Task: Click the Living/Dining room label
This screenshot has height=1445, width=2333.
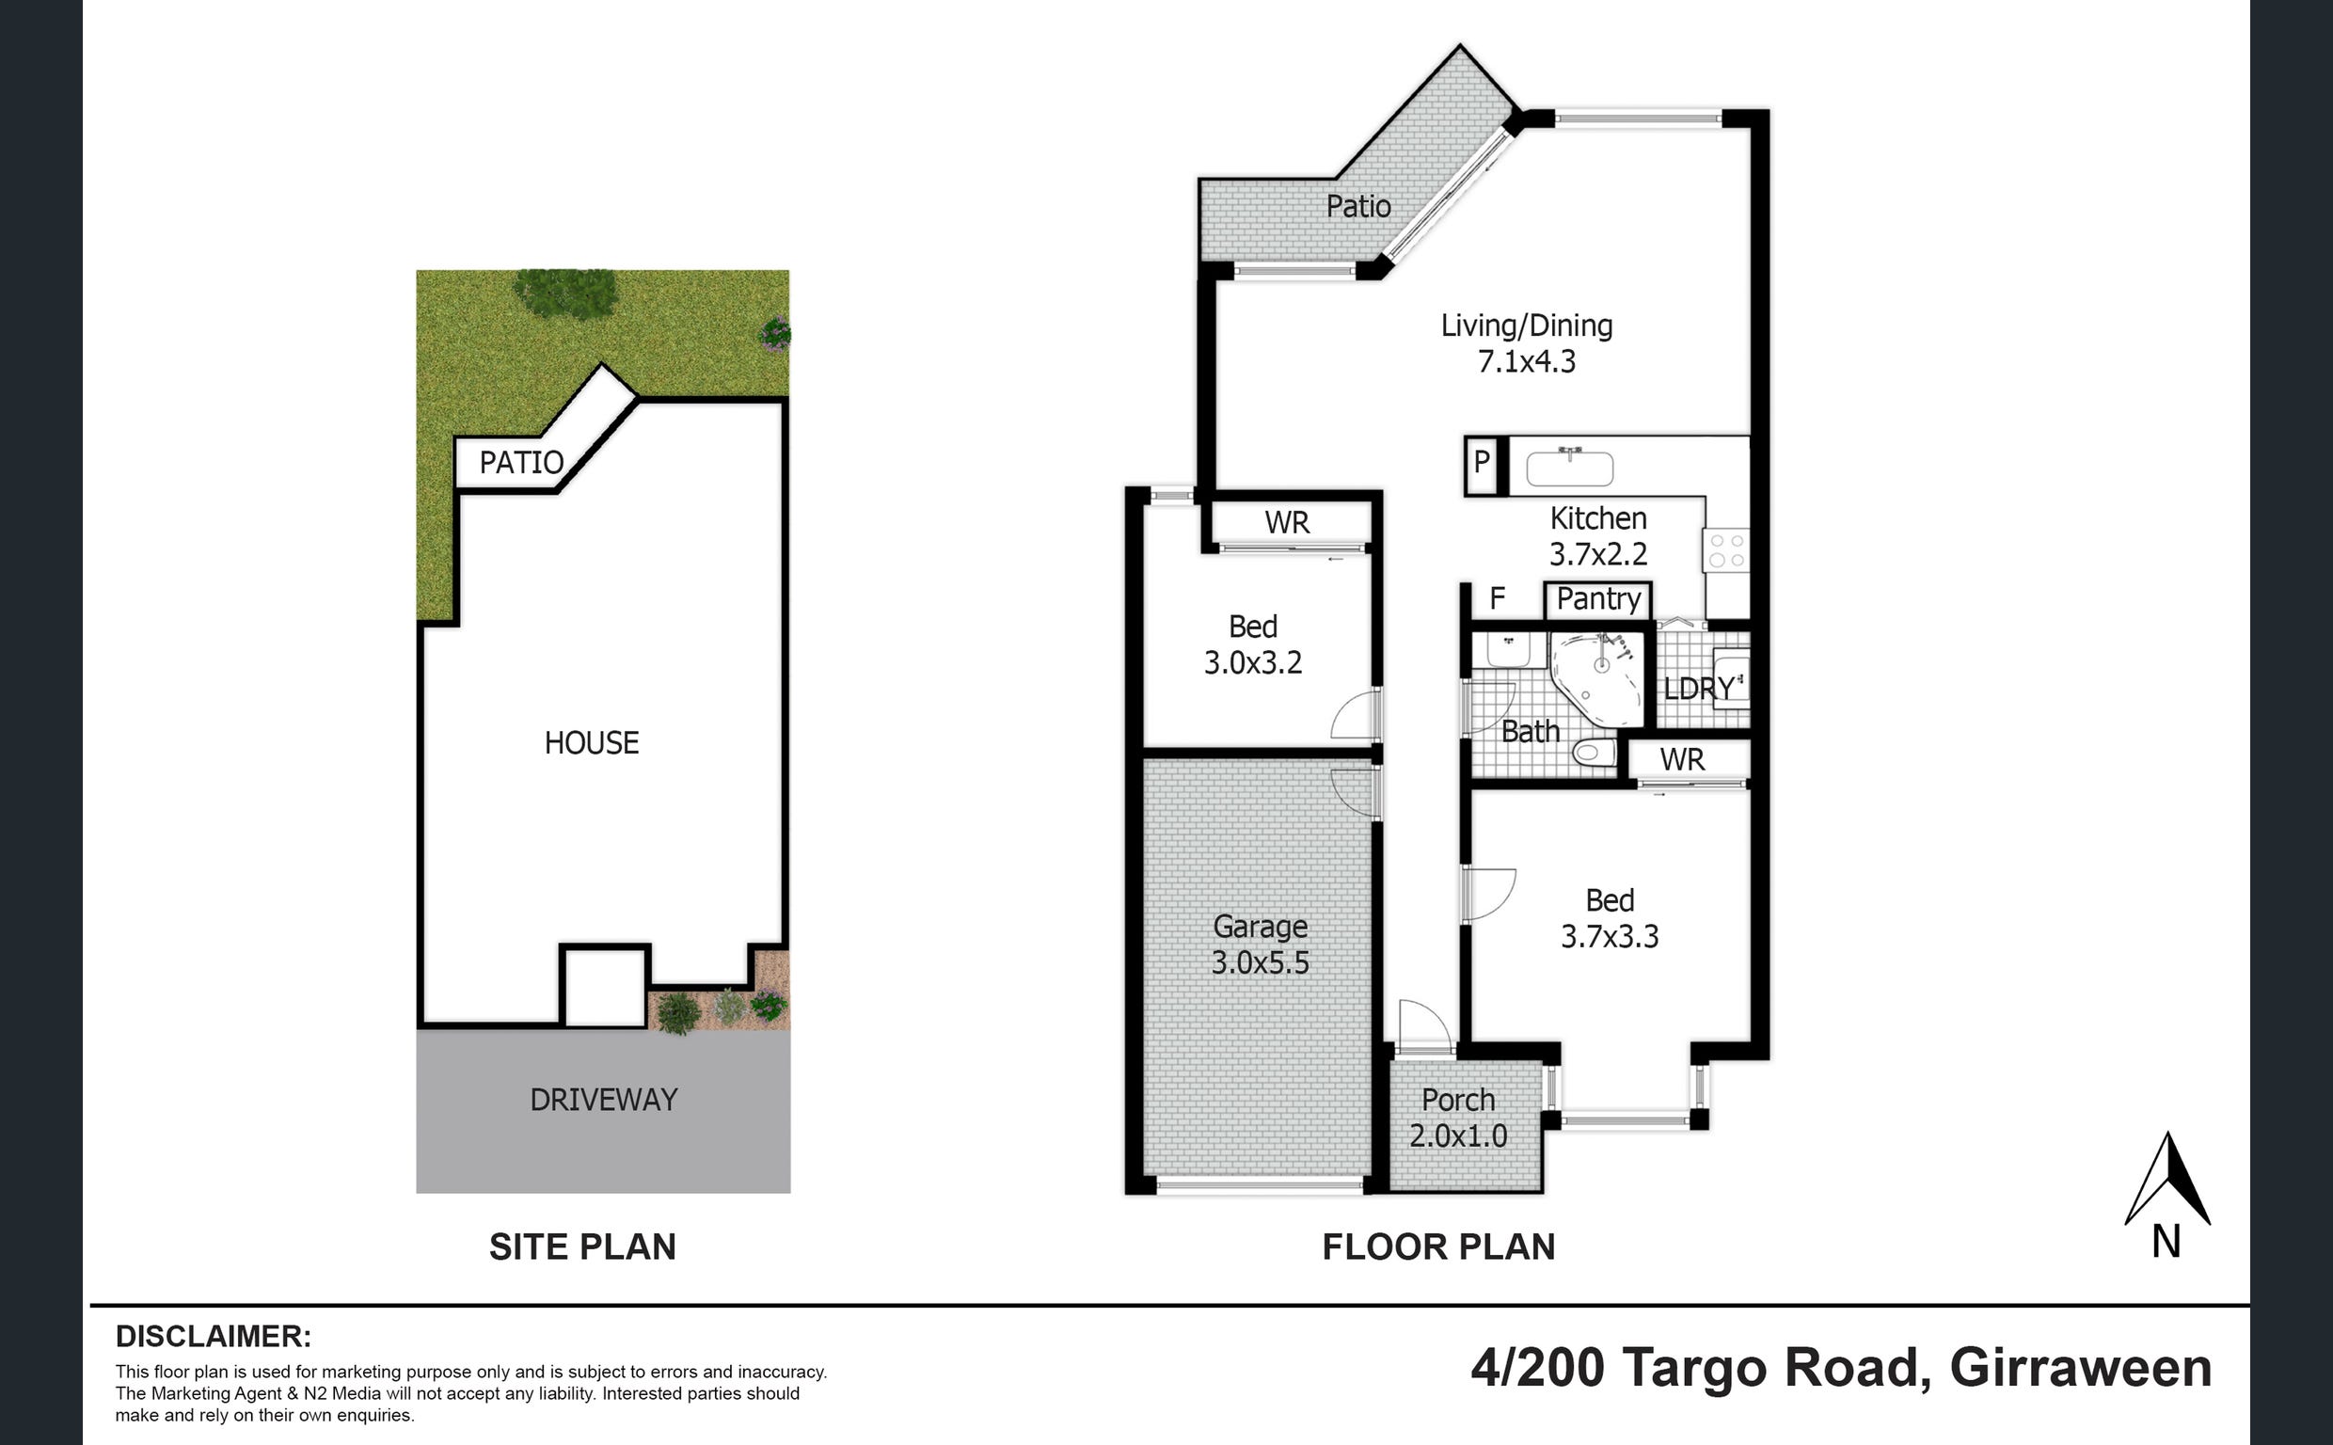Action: (x=1527, y=326)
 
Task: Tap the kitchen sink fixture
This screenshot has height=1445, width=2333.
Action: (x=1570, y=468)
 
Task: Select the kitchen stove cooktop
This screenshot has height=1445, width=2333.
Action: (x=1726, y=550)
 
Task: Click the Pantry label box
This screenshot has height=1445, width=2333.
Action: (x=1598, y=600)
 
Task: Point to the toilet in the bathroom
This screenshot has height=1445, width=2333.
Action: (x=1593, y=754)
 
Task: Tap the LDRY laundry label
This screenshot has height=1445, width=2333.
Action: (x=1699, y=688)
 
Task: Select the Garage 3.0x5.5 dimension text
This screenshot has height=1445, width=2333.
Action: (x=1261, y=962)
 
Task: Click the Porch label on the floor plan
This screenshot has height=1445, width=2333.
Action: (x=1458, y=1100)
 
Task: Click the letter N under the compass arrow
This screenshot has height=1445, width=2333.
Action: (x=2166, y=1243)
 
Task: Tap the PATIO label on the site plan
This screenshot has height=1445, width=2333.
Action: (x=520, y=463)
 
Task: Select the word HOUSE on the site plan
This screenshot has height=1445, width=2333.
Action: (x=592, y=742)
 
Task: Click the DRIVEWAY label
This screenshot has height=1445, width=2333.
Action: (x=604, y=1100)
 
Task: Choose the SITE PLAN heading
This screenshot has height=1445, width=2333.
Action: (x=582, y=1247)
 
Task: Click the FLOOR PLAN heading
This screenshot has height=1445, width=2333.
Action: (x=1438, y=1247)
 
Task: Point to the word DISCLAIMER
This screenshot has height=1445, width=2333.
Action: (x=213, y=1336)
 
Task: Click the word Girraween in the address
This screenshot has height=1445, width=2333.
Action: (x=2081, y=1368)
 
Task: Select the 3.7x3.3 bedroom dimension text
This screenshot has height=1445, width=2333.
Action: (x=1610, y=937)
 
